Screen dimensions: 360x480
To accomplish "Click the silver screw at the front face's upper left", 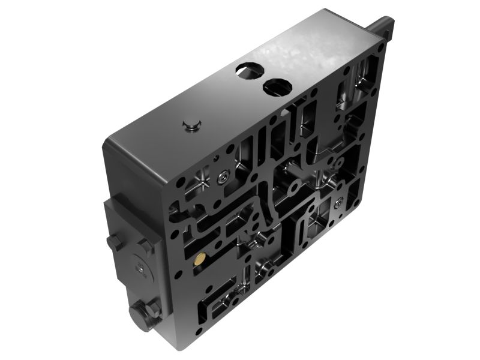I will (x=223, y=176).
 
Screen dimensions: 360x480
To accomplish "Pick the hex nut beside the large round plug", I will (x=152, y=309).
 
